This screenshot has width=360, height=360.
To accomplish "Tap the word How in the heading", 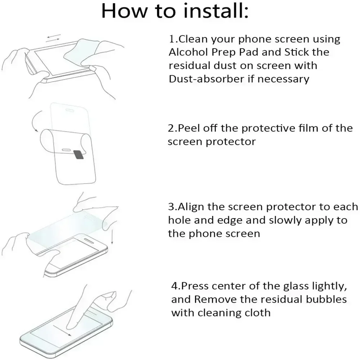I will click(x=122, y=11).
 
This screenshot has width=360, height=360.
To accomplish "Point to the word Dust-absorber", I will click(x=206, y=79).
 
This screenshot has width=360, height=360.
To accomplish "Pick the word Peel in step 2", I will click(x=188, y=128).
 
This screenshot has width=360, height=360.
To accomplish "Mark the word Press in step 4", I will click(x=194, y=286).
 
